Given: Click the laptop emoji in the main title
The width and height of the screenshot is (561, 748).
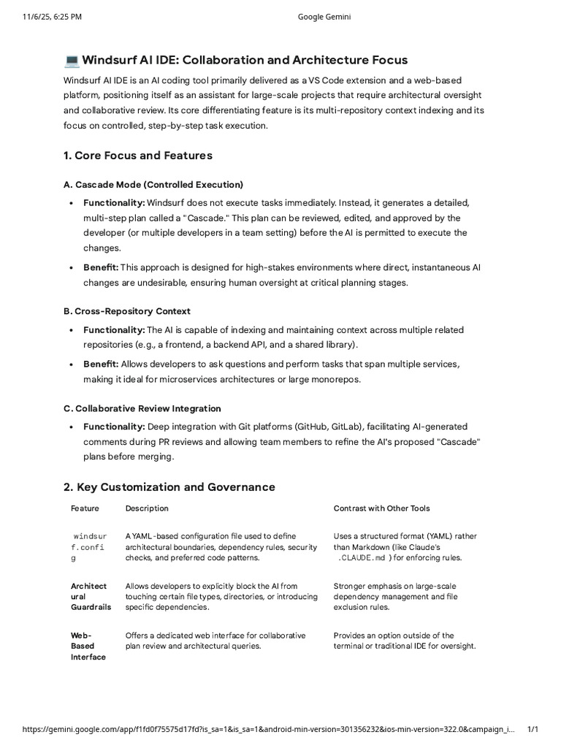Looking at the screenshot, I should click(x=72, y=60).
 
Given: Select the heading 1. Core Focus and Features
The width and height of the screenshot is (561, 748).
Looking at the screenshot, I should click(x=138, y=155).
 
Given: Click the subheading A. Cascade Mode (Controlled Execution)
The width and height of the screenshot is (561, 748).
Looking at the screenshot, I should click(x=153, y=184).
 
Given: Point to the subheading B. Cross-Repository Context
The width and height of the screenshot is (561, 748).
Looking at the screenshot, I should click(x=127, y=311).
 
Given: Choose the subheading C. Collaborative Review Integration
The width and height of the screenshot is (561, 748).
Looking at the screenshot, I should click(x=142, y=408).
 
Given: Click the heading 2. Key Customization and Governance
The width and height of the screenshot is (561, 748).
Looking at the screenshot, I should click(x=169, y=486).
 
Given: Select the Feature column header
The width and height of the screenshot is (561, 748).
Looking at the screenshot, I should click(x=85, y=508).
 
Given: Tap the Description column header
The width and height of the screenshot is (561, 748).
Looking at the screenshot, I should click(x=147, y=508).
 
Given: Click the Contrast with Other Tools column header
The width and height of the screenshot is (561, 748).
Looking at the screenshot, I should click(x=381, y=508).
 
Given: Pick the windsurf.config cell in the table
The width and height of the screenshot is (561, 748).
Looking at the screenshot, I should click(x=88, y=547).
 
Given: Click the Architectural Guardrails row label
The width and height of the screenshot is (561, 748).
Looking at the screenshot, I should click(x=88, y=597).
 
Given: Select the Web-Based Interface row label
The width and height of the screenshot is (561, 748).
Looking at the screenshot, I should click(x=88, y=646).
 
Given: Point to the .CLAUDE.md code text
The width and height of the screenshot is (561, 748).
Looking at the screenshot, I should click(x=362, y=558).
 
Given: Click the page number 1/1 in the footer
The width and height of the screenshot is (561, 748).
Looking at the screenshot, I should click(x=533, y=729).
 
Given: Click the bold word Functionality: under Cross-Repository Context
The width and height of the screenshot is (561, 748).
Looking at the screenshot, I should click(x=114, y=330).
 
